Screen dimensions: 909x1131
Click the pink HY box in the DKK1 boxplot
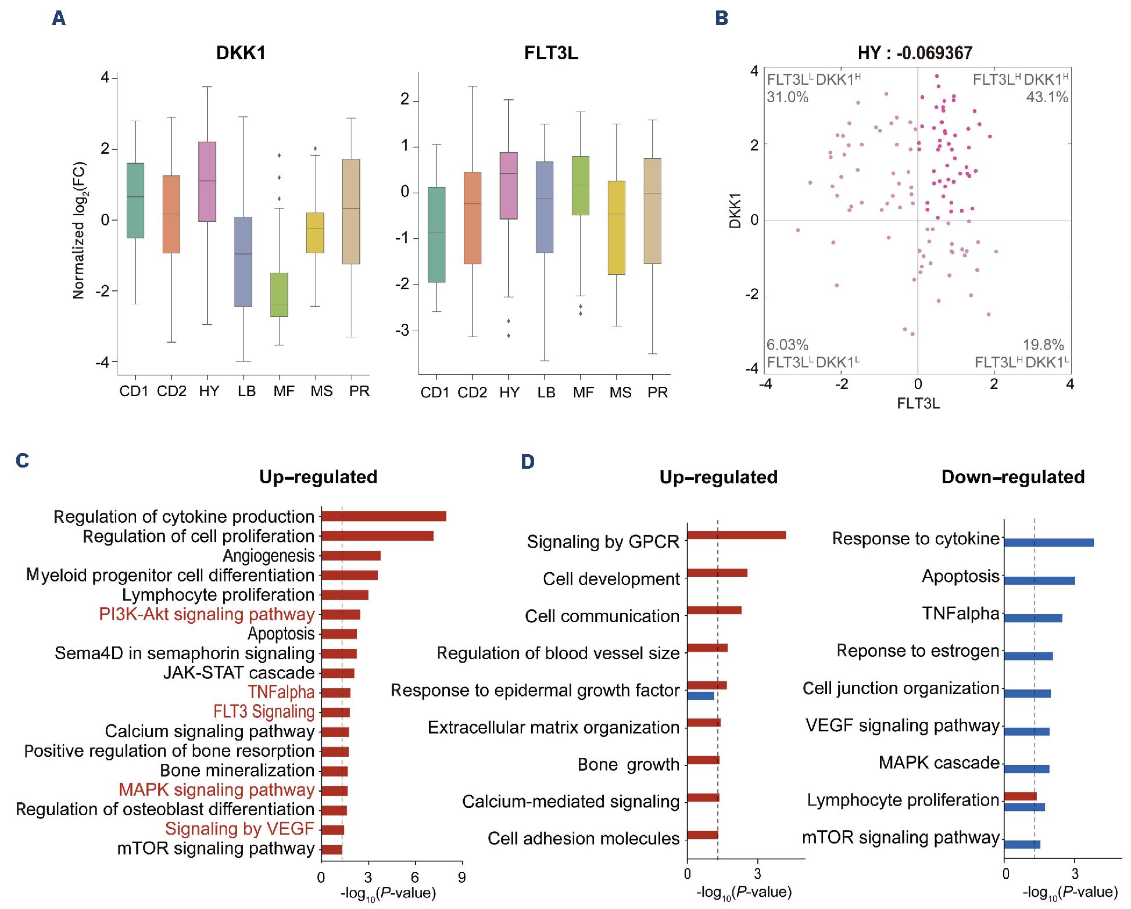[x=207, y=181]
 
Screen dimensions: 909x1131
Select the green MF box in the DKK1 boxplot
[x=279, y=294]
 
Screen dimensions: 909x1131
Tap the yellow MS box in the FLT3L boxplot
[x=616, y=227]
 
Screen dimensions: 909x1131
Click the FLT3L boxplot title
[x=550, y=53]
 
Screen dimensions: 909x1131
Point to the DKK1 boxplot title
[x=241, y=53]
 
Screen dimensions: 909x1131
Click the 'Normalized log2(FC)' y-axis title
[x=79, y=230]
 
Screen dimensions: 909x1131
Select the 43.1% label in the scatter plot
[x=1047, y=97]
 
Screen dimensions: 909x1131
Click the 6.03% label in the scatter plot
[x=787, y=344]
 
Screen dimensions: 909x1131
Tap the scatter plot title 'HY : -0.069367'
[x=914, y=53]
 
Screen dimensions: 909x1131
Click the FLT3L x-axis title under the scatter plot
[x=918, y=403]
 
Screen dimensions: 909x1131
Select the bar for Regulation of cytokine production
[x=384, y=516]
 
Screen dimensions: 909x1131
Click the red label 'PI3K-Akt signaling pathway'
[x=206, y=614]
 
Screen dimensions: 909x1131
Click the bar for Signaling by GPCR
[x=736, y=535]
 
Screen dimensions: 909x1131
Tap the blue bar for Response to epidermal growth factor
[x=700, y=695]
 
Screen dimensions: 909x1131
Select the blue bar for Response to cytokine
[x=1048, y=542]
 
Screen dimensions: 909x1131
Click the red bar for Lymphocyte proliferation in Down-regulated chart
[x=1020, y=796]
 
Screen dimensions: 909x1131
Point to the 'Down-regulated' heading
[x=1012, y=477]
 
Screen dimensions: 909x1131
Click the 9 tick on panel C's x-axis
[x=461, y=877]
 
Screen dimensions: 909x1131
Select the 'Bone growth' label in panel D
[x=628, y=764]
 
